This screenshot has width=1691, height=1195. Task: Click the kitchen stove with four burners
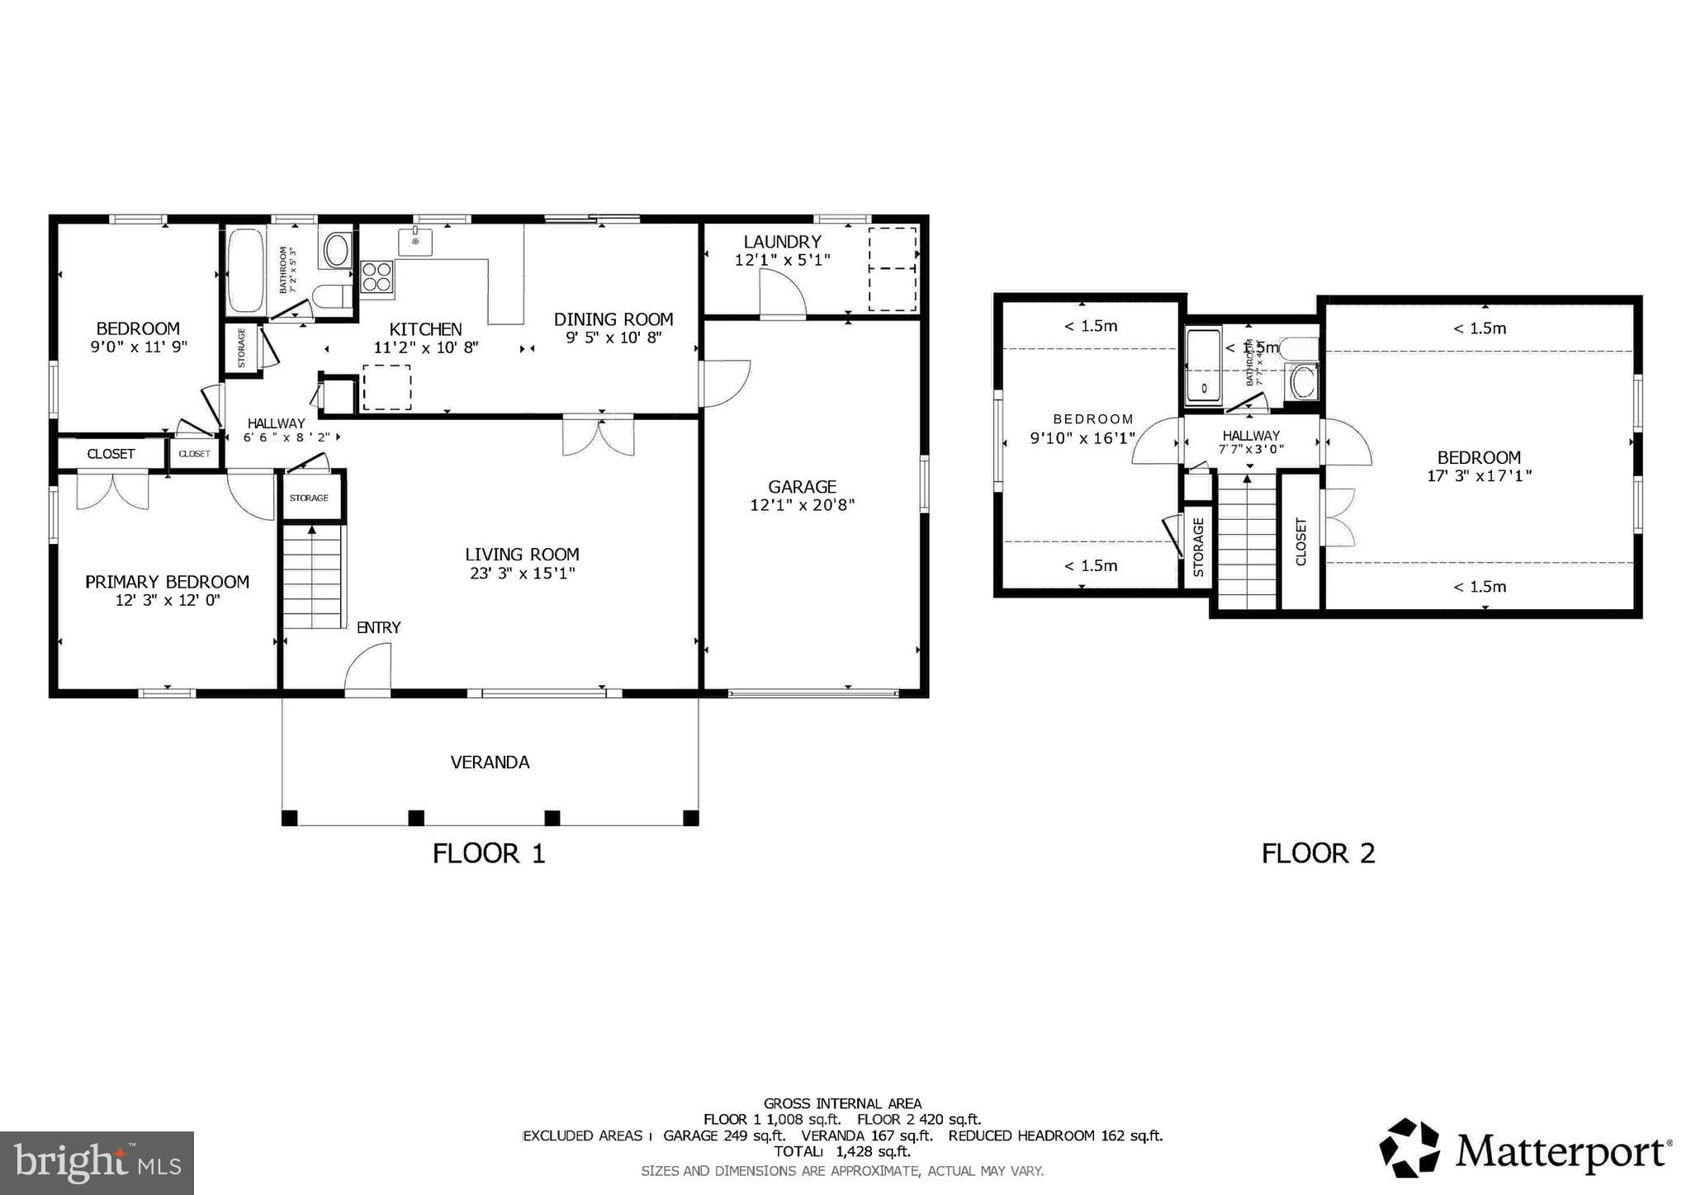pyautogui.click(x=377, y=276)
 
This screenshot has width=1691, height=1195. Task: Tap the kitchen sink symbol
pyautogui.click(x=415, y=242)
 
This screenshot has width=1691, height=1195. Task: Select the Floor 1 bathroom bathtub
pyautogui.click(x=244, y=270)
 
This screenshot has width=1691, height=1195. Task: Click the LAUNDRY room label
pyautogui.click(x=782, y=242)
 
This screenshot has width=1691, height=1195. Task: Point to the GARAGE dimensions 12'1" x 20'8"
pyautogui.click(x=802, y=505)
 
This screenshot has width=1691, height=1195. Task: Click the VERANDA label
pyautogui.click(x=490, y=763)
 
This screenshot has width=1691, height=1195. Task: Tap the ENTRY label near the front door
pyautogui.click(x=378, y=627)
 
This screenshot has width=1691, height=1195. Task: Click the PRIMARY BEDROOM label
pyautogui.click(x=167, y=582)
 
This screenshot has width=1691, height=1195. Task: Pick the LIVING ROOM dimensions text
pyautogui.click(x=522, y=573)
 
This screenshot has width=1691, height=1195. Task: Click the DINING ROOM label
pyautogui.click(x=613, y=319)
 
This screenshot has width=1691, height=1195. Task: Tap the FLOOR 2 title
pyautogui.click(x=1318, y=853)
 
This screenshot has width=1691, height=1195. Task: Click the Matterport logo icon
pyautogui.click(x=1409, y=1147)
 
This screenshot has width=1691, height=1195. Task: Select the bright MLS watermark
pyautogui.click(x=97, y=1164)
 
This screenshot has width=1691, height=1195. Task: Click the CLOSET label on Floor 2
pyautogui.click(x=1301, y=541)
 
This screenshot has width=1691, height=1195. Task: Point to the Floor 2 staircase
pyautogui.click(x=1248, y=541)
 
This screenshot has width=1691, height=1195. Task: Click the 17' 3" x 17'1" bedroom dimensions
pyautogui.click(x=1479, y=476)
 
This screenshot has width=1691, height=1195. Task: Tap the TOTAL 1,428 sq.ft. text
pyautogui.click(x=841, y=1151)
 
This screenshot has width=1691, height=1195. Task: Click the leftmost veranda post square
pyautogui.click(x=289, y=818)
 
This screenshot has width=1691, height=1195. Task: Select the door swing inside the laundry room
pyautogui.click(x=782, y=295)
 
